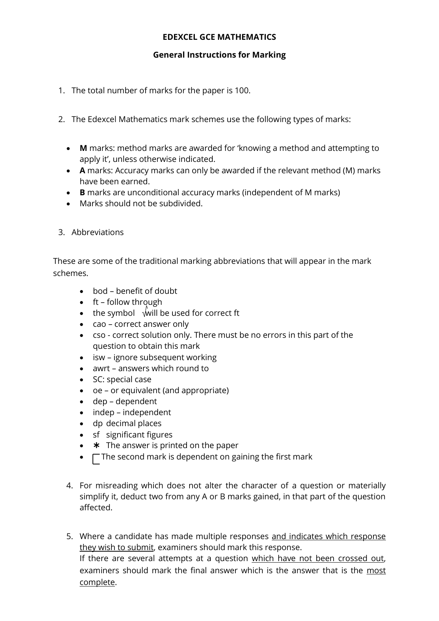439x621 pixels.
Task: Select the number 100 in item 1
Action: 242,91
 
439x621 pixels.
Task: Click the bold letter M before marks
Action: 83,148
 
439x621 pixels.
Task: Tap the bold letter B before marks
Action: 82,193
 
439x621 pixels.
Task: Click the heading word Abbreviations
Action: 97,232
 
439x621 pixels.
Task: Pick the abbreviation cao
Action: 99,324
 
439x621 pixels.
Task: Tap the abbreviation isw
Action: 99,358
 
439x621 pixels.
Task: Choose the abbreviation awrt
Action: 101,369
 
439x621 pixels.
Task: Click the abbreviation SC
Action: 98,379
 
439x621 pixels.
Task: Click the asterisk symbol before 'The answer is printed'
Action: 96,445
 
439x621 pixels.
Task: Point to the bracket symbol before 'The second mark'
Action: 96,459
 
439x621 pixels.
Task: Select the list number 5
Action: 69,536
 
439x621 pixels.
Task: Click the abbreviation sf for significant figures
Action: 96,435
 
